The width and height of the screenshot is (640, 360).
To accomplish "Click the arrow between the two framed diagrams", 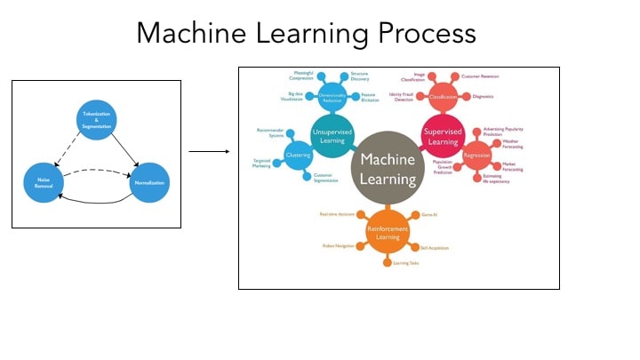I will pyautogui.click(x=204, y=150).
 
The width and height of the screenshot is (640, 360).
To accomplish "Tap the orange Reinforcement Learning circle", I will pyautogui.click(x=388, y=231).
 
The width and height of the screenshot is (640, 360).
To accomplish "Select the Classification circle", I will pyautogui.click(x=443, y=97).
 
